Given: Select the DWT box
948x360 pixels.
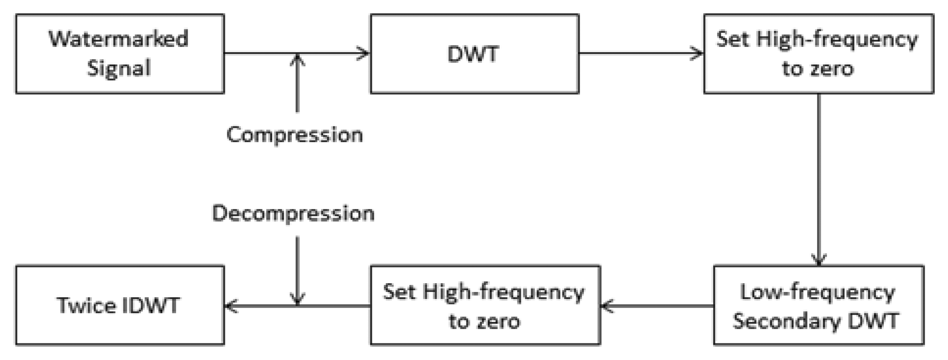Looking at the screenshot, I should click(x=474, y=54).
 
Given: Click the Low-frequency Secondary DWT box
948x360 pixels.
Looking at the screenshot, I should click(x=819, y=305).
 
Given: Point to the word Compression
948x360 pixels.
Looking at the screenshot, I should click(x=294, y=135).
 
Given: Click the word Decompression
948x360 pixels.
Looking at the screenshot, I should click(x=293, y=213).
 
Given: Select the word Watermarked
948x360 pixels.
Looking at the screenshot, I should click(x=118, y=39).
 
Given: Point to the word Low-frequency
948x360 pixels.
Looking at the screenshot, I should click(x=818, y=293).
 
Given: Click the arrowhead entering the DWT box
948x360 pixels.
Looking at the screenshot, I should click(x=364, y=53).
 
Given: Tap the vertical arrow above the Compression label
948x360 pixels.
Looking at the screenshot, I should click(x=297, y=83).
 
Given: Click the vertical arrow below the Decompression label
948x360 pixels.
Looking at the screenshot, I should click(x=297, y=271).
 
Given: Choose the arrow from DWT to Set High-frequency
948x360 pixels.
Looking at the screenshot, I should click(x=640, y=53).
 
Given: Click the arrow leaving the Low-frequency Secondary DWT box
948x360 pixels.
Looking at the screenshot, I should click(x=657, y=305).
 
